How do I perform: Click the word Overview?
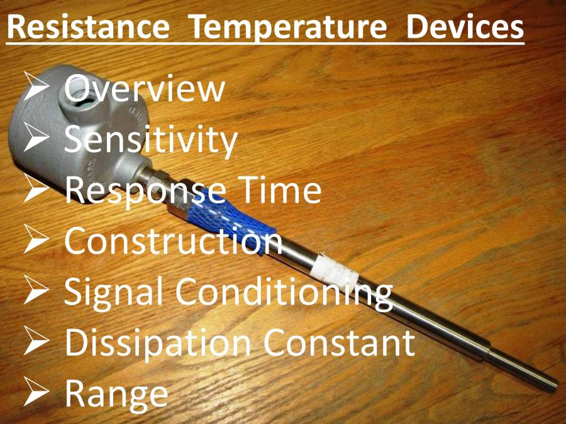click(145, 89)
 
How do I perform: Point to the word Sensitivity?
click(151, 140)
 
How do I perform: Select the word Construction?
click(174, 241)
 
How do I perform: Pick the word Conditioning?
click(284, 292)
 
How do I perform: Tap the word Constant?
click(339, 342)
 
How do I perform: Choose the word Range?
click(116, 394)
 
